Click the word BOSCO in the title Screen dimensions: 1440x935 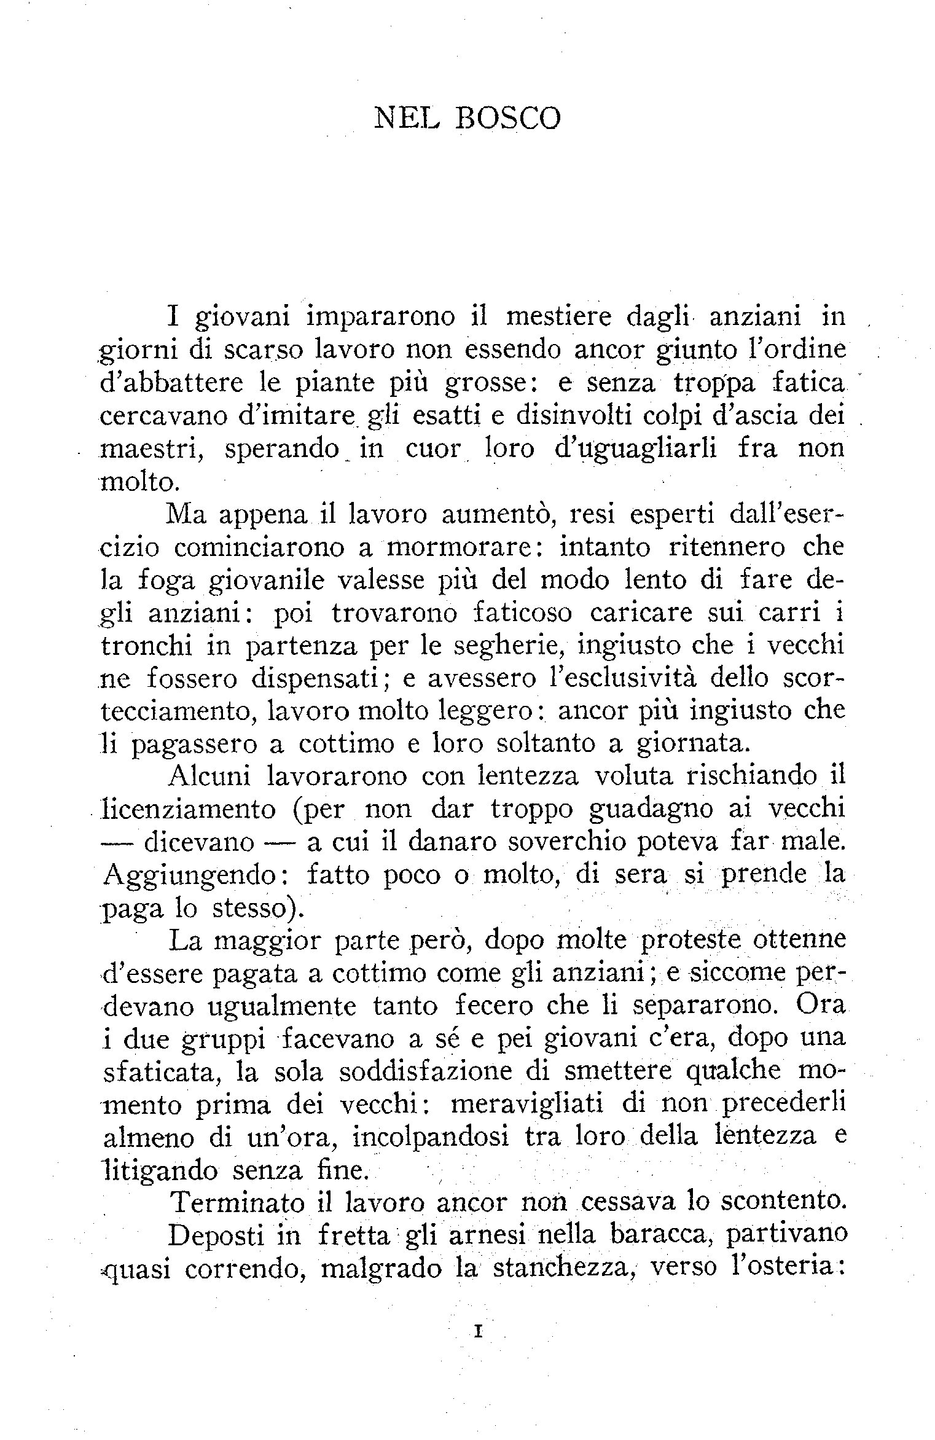pyautogui.click(x=507, y=119)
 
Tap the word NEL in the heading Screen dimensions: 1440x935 pyautogui.click(x=407, y=119)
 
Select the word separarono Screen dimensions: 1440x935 pyautogui.click(x=706, y=1006)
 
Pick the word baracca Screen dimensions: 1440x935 pyautogui.click(x=655, y=1234)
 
